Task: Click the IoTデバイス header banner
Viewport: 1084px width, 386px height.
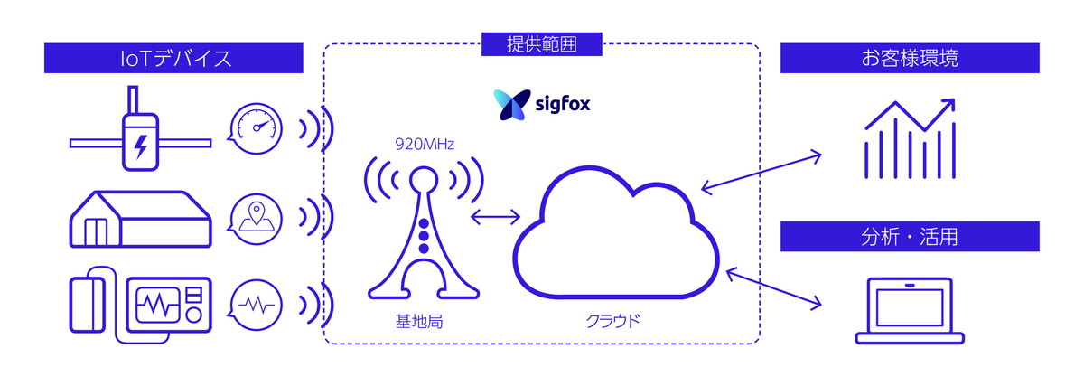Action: [x=176, y=60]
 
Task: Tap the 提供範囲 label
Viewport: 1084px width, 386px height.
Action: [x=542, y=42]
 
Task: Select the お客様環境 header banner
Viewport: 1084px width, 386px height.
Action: [x=910, y=60]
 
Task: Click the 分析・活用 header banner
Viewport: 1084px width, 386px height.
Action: [x=910, y=238]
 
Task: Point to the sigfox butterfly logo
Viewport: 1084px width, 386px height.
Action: [x=508, y=105]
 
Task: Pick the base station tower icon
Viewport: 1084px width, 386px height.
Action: [x=422, y=231]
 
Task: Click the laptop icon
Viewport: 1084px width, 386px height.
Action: [x=911, y=310]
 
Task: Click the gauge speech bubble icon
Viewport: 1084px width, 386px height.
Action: [x=257, y=127]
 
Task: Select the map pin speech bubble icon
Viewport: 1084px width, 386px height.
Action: [x=257, y=217]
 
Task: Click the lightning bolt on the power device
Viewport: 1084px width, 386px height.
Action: [x=142, y=145]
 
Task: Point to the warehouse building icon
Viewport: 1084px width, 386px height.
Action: [x=141, y=218]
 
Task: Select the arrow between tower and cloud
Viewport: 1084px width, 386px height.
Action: [x=496, y=217]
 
